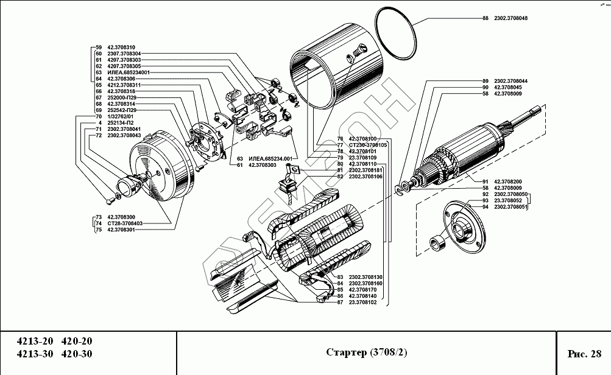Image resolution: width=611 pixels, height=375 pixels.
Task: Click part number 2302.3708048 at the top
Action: [510, 18]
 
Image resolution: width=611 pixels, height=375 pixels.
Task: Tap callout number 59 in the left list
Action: [99, 47]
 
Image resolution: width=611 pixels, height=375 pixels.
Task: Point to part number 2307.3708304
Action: [124, 54]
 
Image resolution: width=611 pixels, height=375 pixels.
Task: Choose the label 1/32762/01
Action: [120, 116]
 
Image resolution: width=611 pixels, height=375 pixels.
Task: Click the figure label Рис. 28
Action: [584, 353]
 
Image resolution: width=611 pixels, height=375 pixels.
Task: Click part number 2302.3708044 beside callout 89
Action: [510, 81]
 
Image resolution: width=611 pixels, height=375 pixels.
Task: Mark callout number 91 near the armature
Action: [486, 181]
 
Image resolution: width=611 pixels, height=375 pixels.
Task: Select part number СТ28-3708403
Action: [124, 223]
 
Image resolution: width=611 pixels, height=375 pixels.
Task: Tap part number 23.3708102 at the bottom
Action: [364, 302]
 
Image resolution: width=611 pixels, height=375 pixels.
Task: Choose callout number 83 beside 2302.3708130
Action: [340, 276]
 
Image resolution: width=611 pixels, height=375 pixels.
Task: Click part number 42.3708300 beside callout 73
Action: [121, 217]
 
